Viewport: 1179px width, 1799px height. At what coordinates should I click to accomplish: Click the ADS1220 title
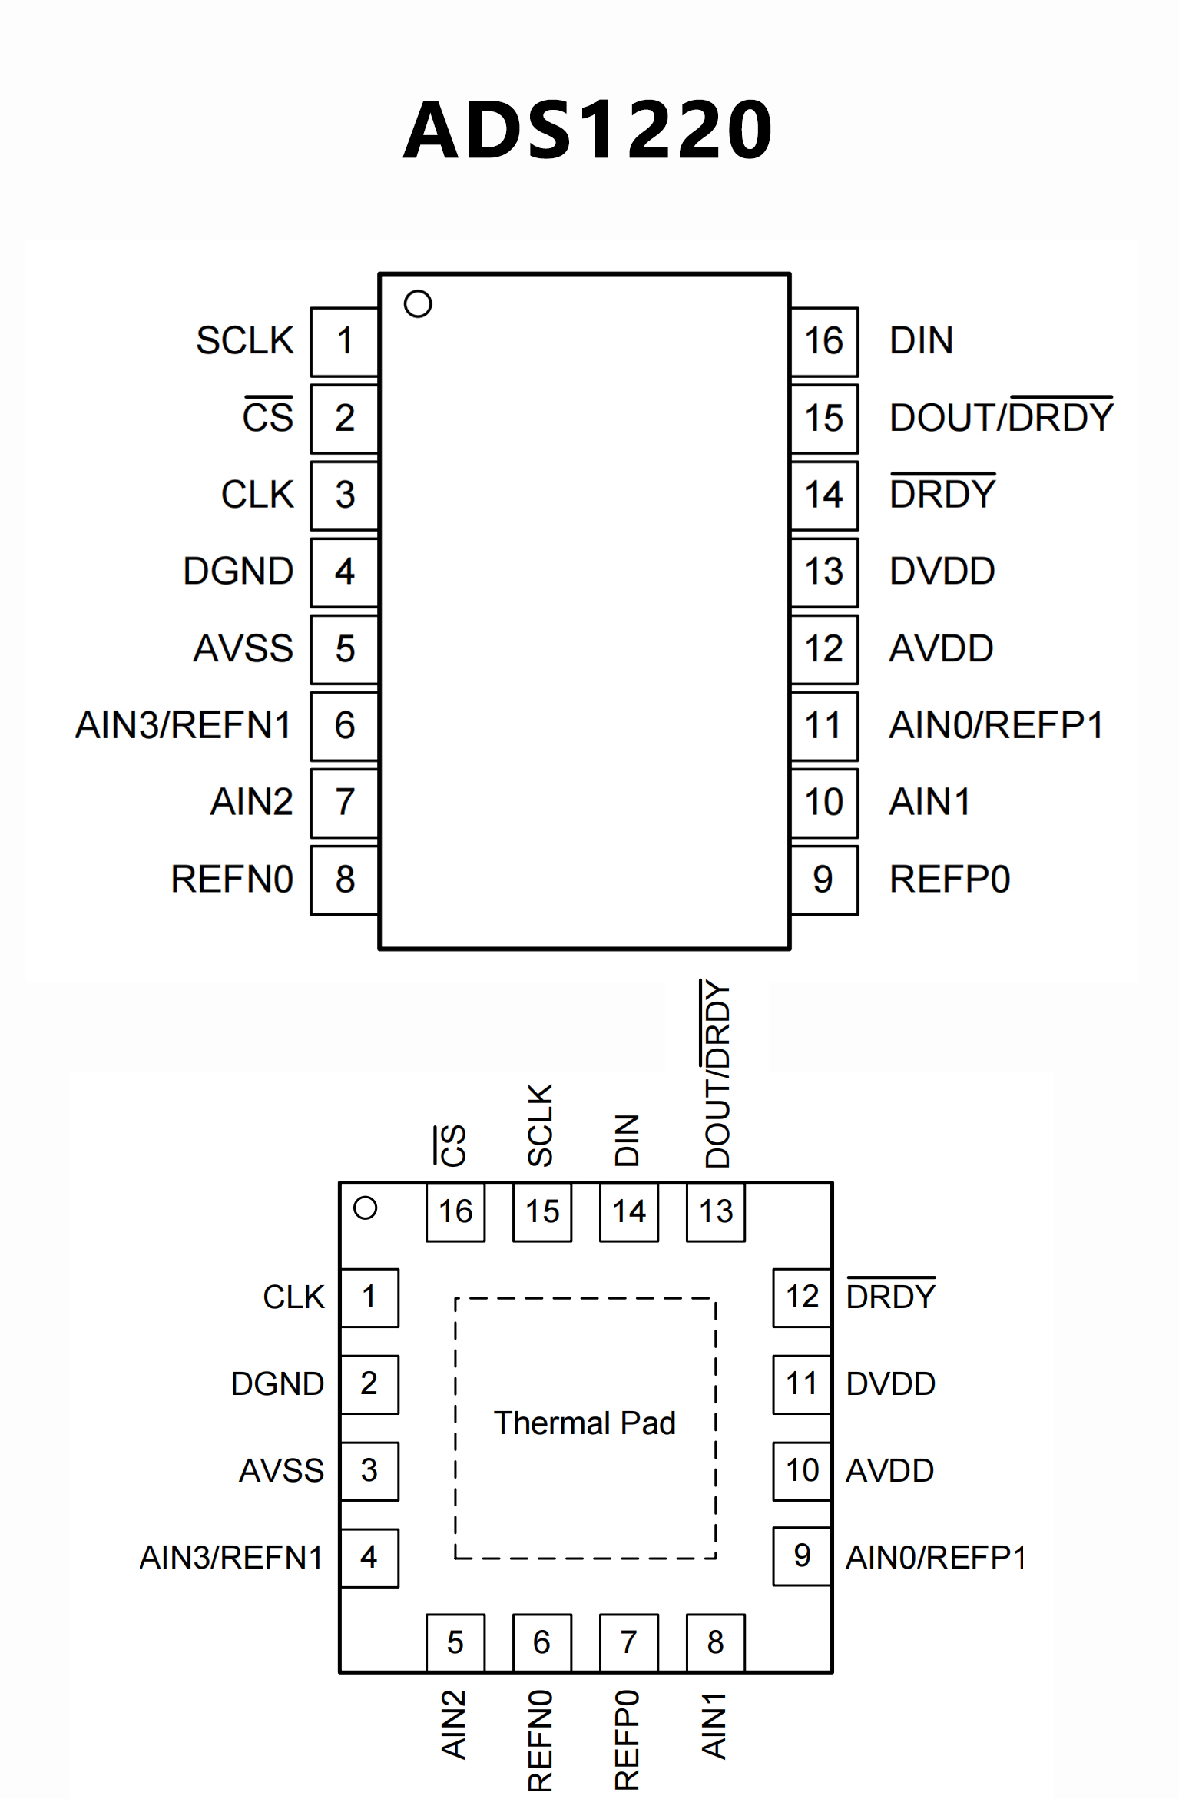[x=588, y=131]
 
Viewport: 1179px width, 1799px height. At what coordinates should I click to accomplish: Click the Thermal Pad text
[x=585, y=1423]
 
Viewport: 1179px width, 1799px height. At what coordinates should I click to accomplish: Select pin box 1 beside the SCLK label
[x=344, y=341]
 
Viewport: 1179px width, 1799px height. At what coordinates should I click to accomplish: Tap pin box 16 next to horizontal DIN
[x=823, y=341]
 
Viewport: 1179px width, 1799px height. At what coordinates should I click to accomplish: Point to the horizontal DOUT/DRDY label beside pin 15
[x=1001, y=417]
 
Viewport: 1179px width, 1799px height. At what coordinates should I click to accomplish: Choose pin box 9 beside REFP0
[x=823, y=880]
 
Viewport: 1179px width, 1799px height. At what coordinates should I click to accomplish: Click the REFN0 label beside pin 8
[x=232, y=880]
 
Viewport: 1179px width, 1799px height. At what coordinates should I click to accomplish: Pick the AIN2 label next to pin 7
[x=252, y=802]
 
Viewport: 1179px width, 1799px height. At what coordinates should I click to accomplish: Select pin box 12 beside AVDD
[x=823, y=649]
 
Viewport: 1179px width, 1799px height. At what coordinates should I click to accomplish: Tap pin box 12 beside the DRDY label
[x=802, y=1297]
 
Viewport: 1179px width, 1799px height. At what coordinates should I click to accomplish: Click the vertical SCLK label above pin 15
[x=541, y=1125]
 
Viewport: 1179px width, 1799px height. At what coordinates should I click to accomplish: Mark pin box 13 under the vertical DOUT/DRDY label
[x=716, y=1211]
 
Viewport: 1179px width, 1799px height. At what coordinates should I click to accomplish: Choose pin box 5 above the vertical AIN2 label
[x=455, y=1642]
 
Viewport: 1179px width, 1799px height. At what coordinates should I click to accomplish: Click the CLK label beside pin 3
[x=257, y=495]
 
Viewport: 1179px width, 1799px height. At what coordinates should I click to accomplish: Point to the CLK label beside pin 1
[x=293, y=1297]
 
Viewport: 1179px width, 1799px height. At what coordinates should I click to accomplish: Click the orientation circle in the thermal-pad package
[x=366, y=1208]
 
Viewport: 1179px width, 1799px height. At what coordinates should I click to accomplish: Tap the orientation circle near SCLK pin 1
[x=418, y=303]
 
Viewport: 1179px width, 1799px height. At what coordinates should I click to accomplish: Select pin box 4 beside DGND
[x=344, y=572]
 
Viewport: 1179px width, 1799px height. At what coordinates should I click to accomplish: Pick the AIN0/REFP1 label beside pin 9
[x=936, y=1557]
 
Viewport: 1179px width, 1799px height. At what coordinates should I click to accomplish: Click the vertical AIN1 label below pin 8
[x=714, y=1725]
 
